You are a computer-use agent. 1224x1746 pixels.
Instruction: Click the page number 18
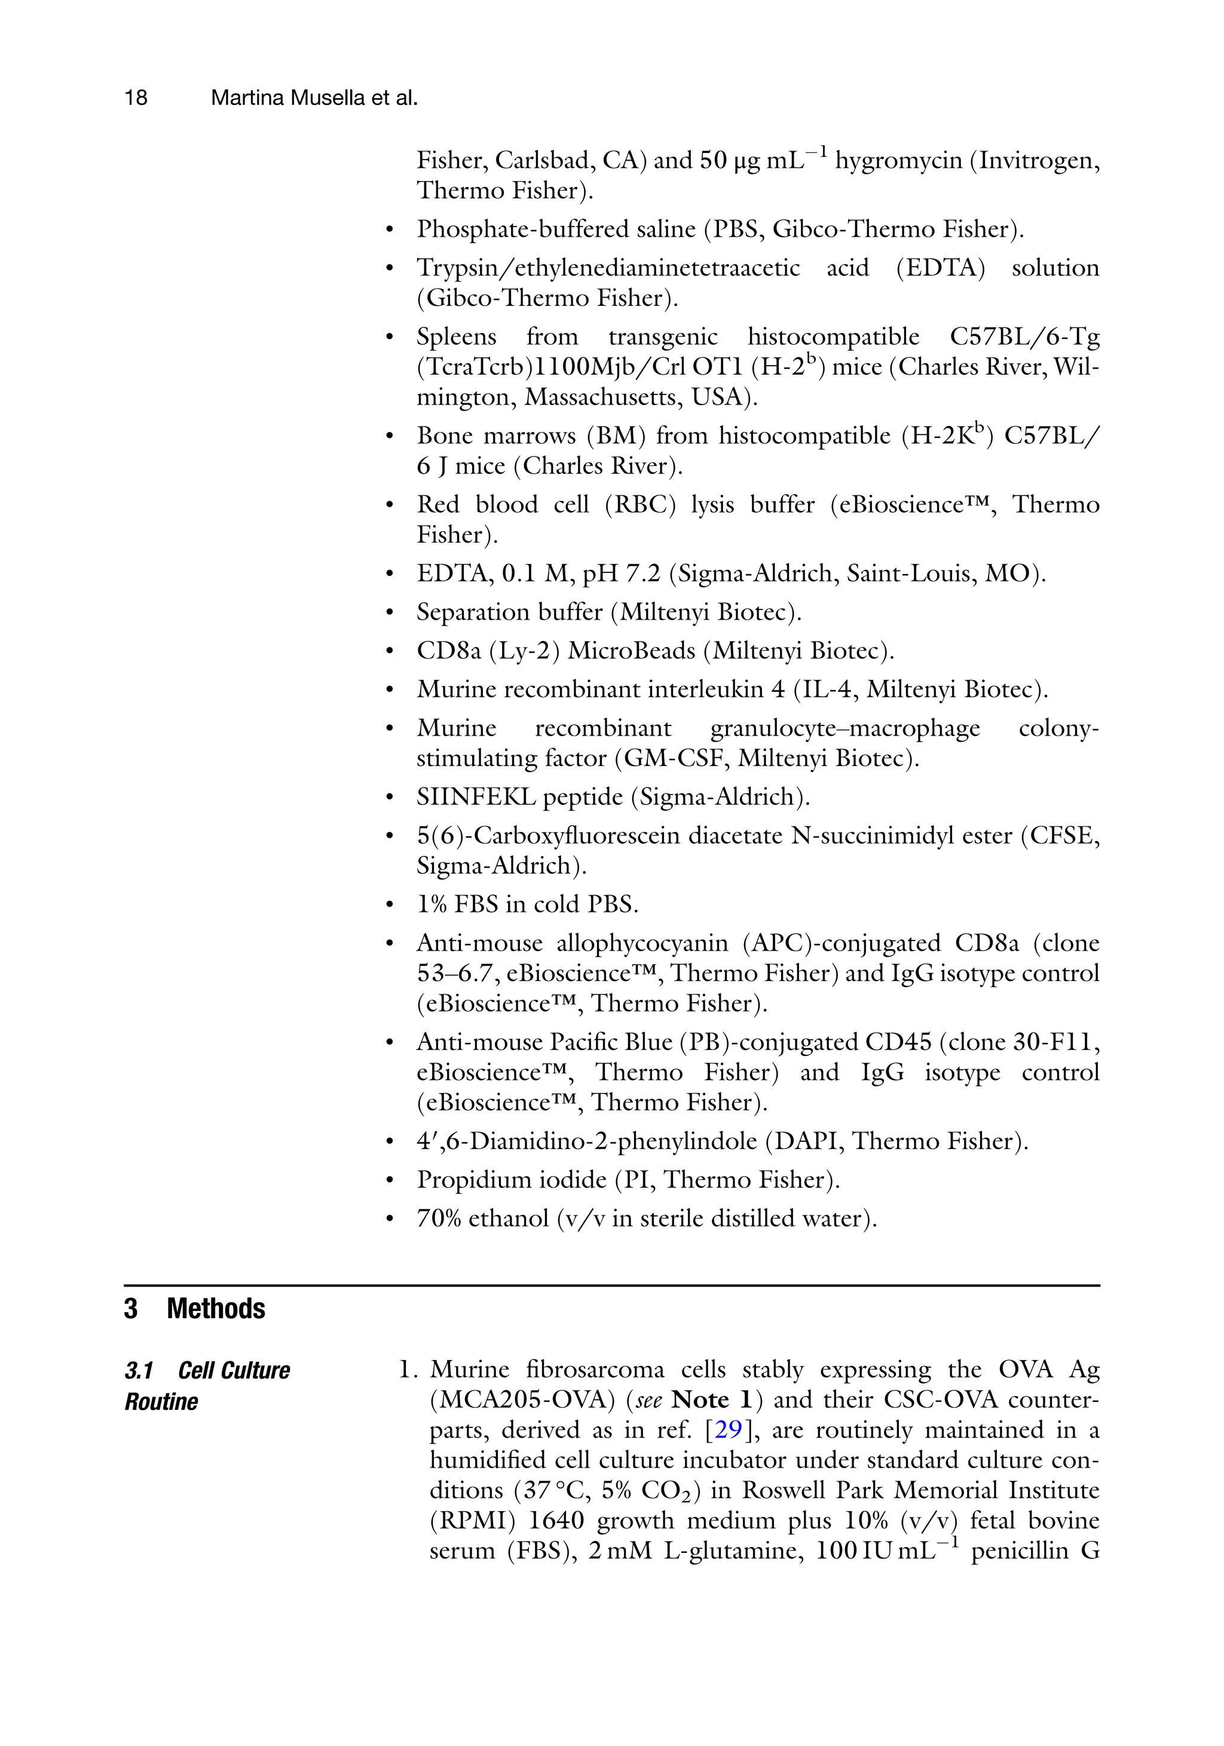click(x=136, y=98)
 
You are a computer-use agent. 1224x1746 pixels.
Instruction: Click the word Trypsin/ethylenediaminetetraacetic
click(x=608, y=268)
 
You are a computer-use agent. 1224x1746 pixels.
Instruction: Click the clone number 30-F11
click(x=1055, y=1043)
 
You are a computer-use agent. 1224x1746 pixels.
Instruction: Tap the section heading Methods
click(x=216, y=1309)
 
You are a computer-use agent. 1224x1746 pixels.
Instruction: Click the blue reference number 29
click(x=728, y=1431)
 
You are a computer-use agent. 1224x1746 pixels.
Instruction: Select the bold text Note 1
click(x=712, y=1400)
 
